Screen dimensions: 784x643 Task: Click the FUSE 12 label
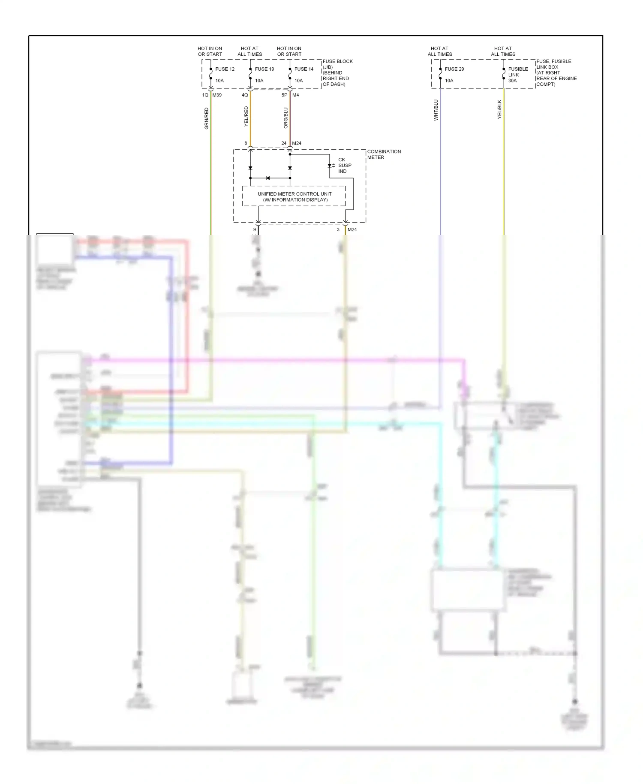pos(225,69)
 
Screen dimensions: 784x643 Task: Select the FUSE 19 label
pos(264,69)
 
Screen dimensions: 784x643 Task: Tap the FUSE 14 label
pos(304,69)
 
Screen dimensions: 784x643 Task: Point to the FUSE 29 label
pos(454,69)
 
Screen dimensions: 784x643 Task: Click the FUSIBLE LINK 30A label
pos(518,75)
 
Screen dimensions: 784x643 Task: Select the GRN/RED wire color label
pos(207,118)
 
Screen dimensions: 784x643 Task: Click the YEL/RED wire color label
pos(246,116)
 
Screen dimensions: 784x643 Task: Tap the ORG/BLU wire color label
pos(286,118)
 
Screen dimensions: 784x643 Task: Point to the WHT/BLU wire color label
pos(436,110)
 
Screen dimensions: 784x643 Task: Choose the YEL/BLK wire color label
pos(499,109)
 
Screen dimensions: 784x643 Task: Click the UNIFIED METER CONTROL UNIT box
pos(294,196)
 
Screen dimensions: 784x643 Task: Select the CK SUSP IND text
pos(344,166)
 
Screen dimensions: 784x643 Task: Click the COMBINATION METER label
pos(384,154)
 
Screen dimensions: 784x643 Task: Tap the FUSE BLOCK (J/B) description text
pos(337,72)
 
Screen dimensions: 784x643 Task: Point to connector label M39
pos(217,95)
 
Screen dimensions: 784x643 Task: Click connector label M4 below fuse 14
pos(295,95)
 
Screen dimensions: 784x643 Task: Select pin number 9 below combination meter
pos(255,229)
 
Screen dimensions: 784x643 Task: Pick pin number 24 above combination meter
pos(284,143)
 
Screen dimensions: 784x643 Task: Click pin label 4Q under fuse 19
pos(245,95)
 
